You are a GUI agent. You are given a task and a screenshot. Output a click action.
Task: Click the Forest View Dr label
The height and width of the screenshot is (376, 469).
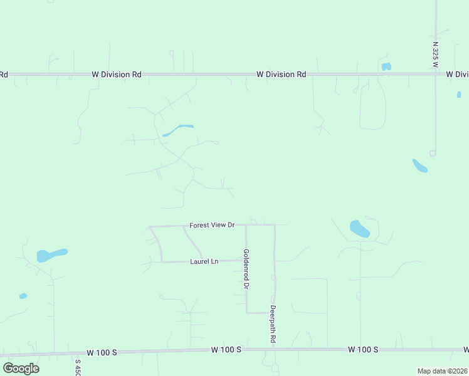[212, 224]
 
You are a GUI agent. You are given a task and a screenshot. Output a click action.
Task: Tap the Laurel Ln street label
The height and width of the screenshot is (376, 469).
[204, 261]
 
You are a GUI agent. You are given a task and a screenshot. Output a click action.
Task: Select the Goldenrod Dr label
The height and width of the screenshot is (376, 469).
[246, 269]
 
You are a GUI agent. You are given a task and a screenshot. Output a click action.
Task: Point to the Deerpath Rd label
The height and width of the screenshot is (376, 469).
[273, 323]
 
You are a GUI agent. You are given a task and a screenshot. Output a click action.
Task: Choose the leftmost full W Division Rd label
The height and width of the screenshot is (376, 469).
[116, 74]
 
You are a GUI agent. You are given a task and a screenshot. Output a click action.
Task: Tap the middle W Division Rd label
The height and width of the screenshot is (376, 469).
[281, 74]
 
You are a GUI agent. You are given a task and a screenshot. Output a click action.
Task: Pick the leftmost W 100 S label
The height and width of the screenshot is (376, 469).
[102, 352]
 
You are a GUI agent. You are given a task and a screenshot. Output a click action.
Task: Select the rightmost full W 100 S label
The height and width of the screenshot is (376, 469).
[363, 349]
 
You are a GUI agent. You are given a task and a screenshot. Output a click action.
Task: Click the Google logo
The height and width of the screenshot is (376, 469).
[21, 368]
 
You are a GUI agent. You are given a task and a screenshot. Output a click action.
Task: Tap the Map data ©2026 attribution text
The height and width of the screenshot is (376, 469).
[442, 371]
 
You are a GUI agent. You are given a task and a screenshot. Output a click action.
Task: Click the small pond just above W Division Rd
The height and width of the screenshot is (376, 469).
[386, 66]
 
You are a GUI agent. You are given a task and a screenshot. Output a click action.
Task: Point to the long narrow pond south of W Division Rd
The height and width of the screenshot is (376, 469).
[178, 130]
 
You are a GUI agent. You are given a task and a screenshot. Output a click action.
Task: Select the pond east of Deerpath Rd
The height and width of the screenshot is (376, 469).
[359, 229]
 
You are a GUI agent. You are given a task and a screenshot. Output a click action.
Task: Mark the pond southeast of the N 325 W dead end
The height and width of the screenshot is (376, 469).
[419, 165]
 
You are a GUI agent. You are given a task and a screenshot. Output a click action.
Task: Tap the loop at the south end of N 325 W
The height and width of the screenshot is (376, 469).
[433, 153]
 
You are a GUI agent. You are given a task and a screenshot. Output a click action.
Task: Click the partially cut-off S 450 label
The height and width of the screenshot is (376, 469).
[78, 367]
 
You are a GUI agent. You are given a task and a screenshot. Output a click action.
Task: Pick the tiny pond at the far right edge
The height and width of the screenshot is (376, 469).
[459, 95]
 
